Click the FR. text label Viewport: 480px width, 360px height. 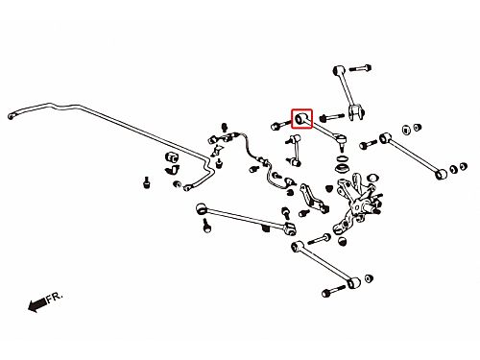pos(55,298)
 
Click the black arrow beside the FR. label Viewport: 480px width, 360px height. pos(37,304)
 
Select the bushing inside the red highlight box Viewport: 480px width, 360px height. pos(300,119)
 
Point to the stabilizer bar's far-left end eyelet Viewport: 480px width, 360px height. pos(12,116)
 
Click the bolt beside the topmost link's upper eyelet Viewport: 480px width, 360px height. pos(360,68)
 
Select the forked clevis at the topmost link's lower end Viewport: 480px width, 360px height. pos(356,112)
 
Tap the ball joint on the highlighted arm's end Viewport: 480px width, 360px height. pos(341,141)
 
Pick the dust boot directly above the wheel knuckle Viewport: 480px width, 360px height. pos(342,168)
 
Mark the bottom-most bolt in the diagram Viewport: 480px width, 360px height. pos(333,291)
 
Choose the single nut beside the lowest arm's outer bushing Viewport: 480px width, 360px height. pos(369,278)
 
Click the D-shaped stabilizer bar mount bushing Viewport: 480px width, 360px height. pos(172,157)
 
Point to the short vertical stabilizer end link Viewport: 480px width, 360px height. pos(295,151)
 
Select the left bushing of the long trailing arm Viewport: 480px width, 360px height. pos(201,208)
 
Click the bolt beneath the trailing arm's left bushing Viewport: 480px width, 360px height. pos(206,225)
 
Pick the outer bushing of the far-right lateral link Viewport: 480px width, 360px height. pos(442,174)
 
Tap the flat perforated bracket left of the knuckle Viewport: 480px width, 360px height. pos(313,198)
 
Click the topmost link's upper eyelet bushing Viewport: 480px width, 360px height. pos(338,70)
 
